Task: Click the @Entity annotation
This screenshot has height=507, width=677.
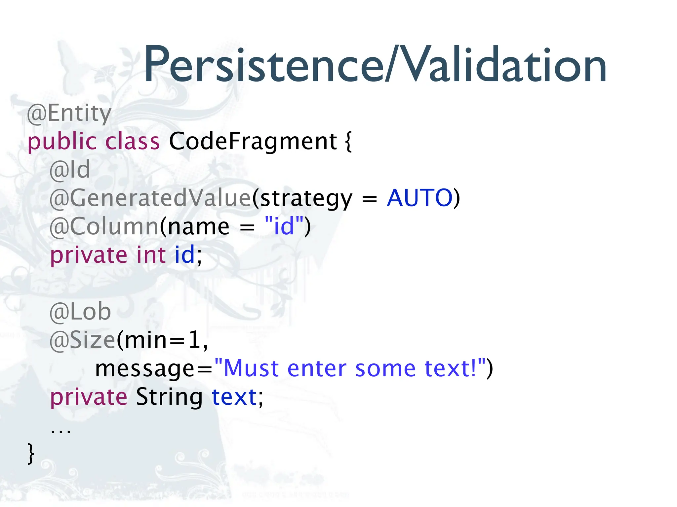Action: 69,113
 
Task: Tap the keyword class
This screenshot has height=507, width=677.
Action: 132,141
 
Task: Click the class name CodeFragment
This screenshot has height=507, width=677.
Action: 253,141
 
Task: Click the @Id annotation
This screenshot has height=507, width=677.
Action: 70,170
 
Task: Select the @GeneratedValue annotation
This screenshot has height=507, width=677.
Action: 150,198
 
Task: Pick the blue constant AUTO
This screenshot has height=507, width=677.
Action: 419,198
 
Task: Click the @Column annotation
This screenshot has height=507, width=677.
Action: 104,226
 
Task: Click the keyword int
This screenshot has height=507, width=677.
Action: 151,255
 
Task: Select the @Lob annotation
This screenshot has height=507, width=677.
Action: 80,312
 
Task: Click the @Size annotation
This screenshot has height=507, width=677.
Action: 82,340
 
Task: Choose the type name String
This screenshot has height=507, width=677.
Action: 169,397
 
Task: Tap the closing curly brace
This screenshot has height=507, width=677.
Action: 31,454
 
